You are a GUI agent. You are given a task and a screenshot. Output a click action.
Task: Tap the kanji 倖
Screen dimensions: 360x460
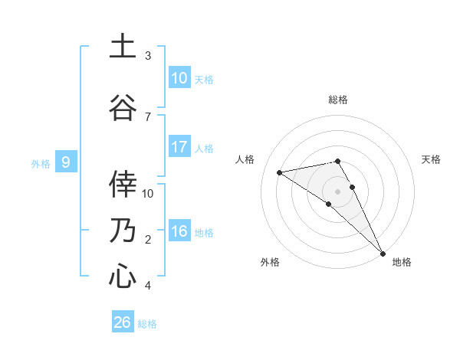123,184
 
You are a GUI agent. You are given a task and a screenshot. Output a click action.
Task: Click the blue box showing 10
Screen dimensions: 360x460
179,78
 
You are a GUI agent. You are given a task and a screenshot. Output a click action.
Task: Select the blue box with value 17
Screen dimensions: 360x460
179,147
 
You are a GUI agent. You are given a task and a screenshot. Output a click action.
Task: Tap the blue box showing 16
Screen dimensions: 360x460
179,231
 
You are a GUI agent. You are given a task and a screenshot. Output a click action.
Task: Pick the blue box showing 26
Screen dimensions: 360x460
123,322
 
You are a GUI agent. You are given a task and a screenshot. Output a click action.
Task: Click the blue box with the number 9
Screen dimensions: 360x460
67,162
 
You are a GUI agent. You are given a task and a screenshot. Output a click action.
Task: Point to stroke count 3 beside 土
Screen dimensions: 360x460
148,56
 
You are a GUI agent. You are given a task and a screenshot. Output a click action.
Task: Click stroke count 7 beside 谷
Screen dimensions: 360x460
148,116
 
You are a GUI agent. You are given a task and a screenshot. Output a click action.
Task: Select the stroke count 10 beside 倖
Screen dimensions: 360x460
149,193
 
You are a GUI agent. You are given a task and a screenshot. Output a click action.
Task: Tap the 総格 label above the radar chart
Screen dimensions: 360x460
338,100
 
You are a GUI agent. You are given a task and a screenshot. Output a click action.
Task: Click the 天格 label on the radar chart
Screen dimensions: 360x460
432,159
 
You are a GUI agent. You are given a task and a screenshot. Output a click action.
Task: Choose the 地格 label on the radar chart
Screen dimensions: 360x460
402,262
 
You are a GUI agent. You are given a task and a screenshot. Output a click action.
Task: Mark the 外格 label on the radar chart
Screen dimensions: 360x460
270,262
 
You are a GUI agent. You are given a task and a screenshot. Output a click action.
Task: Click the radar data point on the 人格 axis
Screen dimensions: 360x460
280,172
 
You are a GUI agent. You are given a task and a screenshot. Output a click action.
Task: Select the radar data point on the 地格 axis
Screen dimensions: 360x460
383,253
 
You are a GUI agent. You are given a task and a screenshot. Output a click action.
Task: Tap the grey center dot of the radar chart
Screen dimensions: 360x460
337,191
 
